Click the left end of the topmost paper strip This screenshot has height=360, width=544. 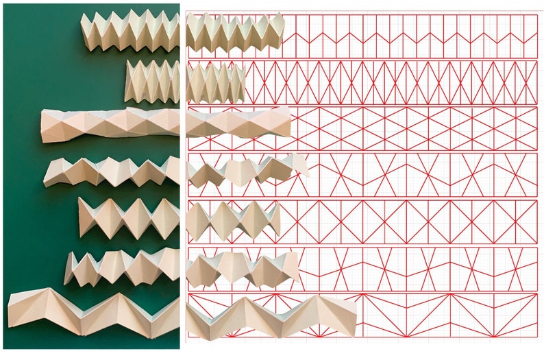(x=83, y=31)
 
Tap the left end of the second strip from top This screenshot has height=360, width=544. (x=127, y=81)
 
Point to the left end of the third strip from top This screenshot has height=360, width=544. (x=42, y=126)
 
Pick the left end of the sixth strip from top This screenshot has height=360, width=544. (x=66, y=269)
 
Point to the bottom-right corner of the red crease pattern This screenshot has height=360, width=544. (x=537, y=339)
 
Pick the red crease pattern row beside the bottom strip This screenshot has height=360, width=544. (x=445, y=316)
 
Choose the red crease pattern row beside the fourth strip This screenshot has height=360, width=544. (x=425, y=175)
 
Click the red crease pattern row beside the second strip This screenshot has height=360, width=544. (x=391, y=82)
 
